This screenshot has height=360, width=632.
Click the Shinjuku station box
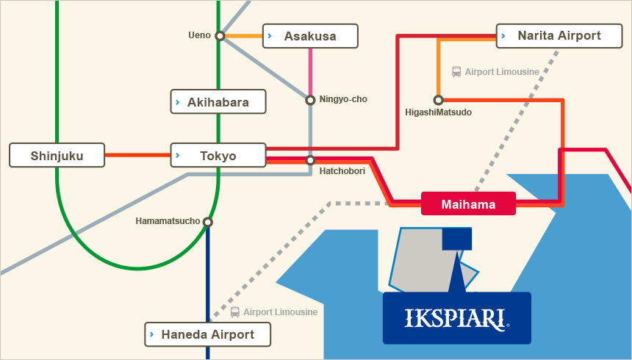[57, 155]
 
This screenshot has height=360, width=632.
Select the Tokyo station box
[218, 155]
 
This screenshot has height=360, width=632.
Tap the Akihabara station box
[218, 101]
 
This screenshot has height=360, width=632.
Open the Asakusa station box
[310, 36]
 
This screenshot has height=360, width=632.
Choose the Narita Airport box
[559, 36]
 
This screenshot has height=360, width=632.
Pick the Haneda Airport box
[207, 334]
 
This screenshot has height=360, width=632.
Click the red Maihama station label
[468, 204]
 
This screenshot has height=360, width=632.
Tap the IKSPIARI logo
[457, 318]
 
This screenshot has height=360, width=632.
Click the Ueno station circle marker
[220, 36]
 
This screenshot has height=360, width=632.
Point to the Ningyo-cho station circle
[310, 100]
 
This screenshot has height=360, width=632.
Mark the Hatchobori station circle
[310, 160]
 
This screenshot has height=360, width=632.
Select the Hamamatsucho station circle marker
[207, 222]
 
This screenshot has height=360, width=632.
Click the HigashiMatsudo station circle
[438, 100]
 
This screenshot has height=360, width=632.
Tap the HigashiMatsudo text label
[438, 112]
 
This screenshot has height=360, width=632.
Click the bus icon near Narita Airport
[456, 72]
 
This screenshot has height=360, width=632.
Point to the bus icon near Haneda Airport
[234, 312]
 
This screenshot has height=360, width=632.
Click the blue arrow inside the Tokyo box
[178, 155]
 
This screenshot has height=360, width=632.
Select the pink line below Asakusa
[310, 72]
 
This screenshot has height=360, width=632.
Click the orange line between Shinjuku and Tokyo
[137, 155]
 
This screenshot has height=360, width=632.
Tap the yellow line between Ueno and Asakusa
[243, 36]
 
